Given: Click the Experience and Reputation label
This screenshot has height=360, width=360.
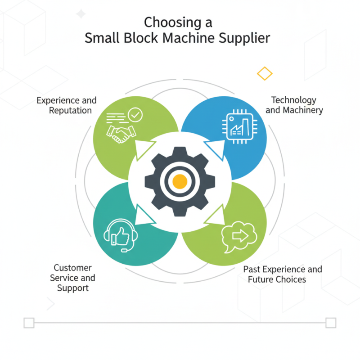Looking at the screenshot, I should tap(67, 105).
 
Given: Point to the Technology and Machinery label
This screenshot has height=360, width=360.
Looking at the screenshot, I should tap(294, 105).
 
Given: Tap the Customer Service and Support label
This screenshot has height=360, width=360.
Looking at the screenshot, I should tap(72, 278).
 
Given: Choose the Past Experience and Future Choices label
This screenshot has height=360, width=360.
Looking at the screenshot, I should tap(282, 274).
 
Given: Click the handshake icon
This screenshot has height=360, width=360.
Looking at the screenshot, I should tap(120, 133).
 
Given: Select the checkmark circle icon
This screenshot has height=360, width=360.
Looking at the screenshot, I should tap(135, 115).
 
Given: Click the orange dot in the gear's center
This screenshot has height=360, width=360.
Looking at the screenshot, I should tap(180, 181).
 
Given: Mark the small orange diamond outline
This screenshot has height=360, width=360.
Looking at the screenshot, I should tap(264, 73).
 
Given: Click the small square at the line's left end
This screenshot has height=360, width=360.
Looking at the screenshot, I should tap(29, 323).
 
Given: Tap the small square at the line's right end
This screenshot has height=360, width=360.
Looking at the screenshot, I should tap(331, 323).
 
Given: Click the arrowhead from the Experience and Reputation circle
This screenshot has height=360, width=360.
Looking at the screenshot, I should tap(146, 149).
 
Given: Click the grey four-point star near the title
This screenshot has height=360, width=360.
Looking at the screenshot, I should tap(81, 14).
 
